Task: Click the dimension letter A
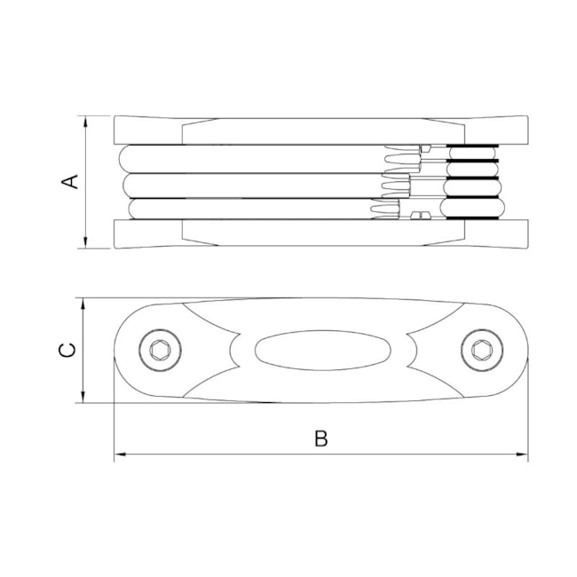69,182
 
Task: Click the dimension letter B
320,439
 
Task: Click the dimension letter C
67,350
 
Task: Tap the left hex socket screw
160,350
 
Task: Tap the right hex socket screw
482,350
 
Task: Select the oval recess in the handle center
323,350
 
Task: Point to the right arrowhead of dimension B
522,454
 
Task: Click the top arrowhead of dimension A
85,122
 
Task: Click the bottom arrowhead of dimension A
85,242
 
